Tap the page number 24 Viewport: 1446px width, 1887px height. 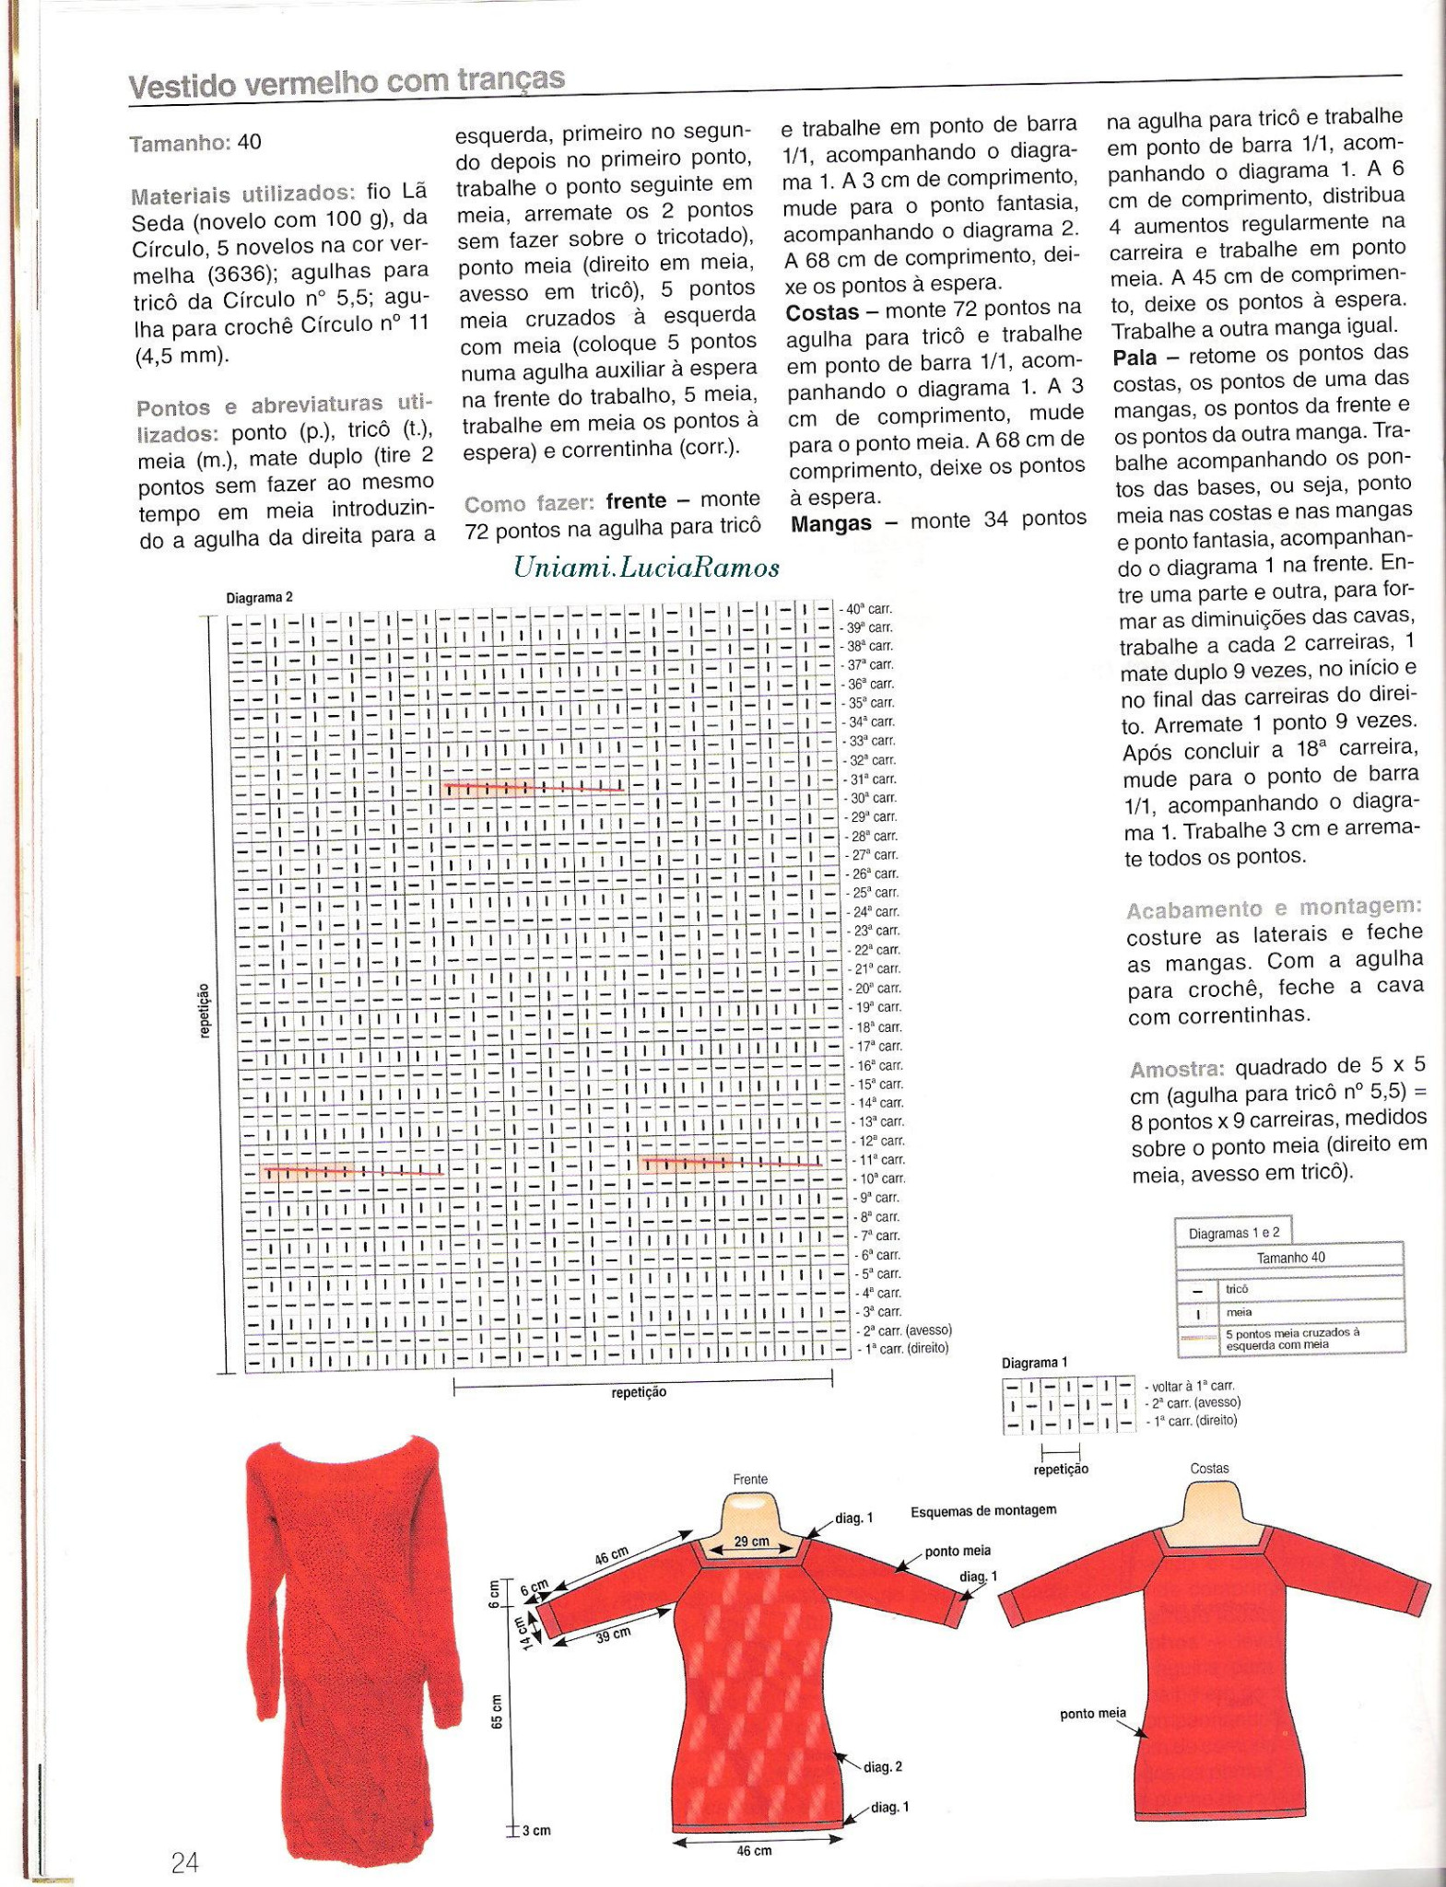184,1862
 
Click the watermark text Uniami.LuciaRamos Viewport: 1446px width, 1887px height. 646,568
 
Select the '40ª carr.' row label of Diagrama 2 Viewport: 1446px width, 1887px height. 867,609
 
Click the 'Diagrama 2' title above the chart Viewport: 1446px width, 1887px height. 259,597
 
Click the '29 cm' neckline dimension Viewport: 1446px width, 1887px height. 752,1541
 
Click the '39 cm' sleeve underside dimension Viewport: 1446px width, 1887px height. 614,1634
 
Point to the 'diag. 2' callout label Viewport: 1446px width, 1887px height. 882,1766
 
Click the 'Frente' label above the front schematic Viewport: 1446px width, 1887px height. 750,1479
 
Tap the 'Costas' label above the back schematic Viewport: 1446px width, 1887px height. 1209,1469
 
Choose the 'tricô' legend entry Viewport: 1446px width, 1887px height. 1236,1289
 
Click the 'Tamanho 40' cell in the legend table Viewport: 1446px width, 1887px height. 1290,1258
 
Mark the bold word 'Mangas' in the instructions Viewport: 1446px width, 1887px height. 830,523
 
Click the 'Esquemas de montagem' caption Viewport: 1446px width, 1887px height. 982,1511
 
